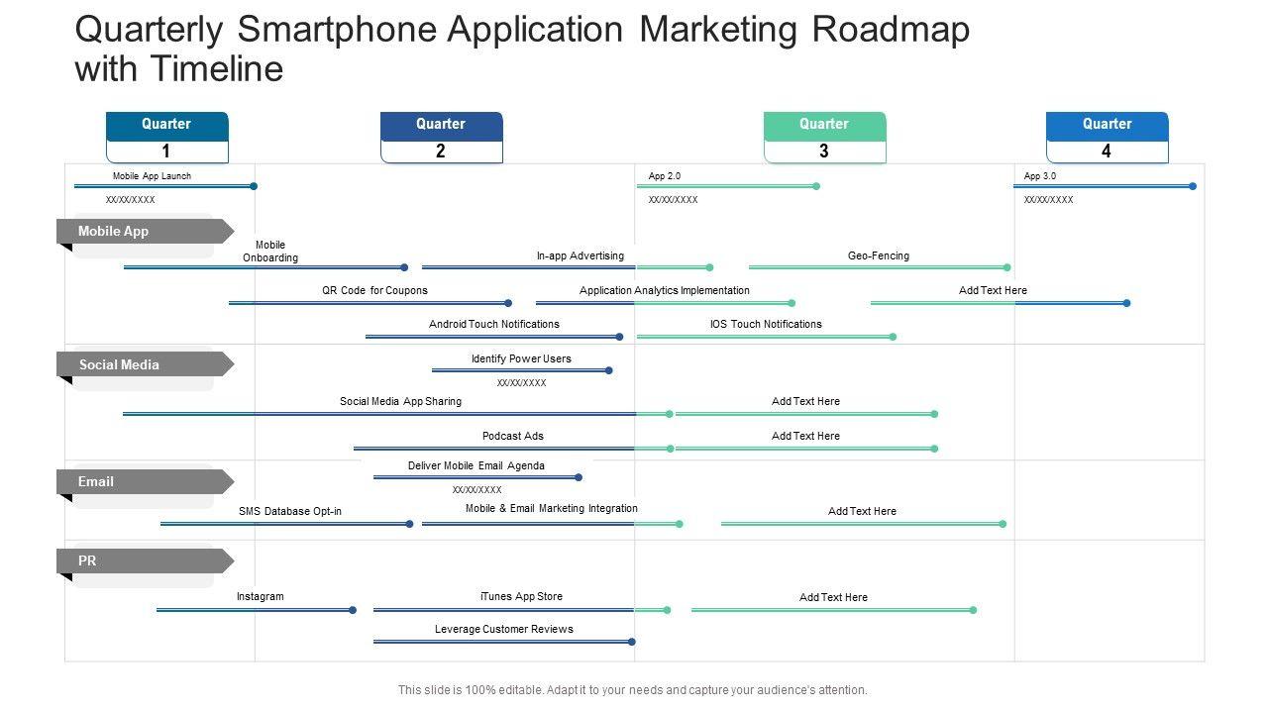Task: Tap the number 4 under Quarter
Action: click(x=1107, y=152)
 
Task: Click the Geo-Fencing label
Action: click(x=878, y=255)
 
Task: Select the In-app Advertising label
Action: click(x=581, y=255)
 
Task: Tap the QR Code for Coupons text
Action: click(x=374, y=290)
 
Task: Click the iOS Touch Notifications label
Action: click(x=766, y=324)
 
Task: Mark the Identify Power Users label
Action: click(x=521, y=358)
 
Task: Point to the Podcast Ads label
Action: click(x=513, y=436)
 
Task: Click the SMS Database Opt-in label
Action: click(x=290, y=511)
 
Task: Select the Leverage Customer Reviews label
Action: click(x=504, y=629)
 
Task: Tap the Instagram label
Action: click(x=261, y=596)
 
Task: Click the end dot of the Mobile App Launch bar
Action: click(x=254, y=186)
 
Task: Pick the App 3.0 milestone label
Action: click(x=1040, y=176)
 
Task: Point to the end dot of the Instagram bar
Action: click(x=353, y=610)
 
